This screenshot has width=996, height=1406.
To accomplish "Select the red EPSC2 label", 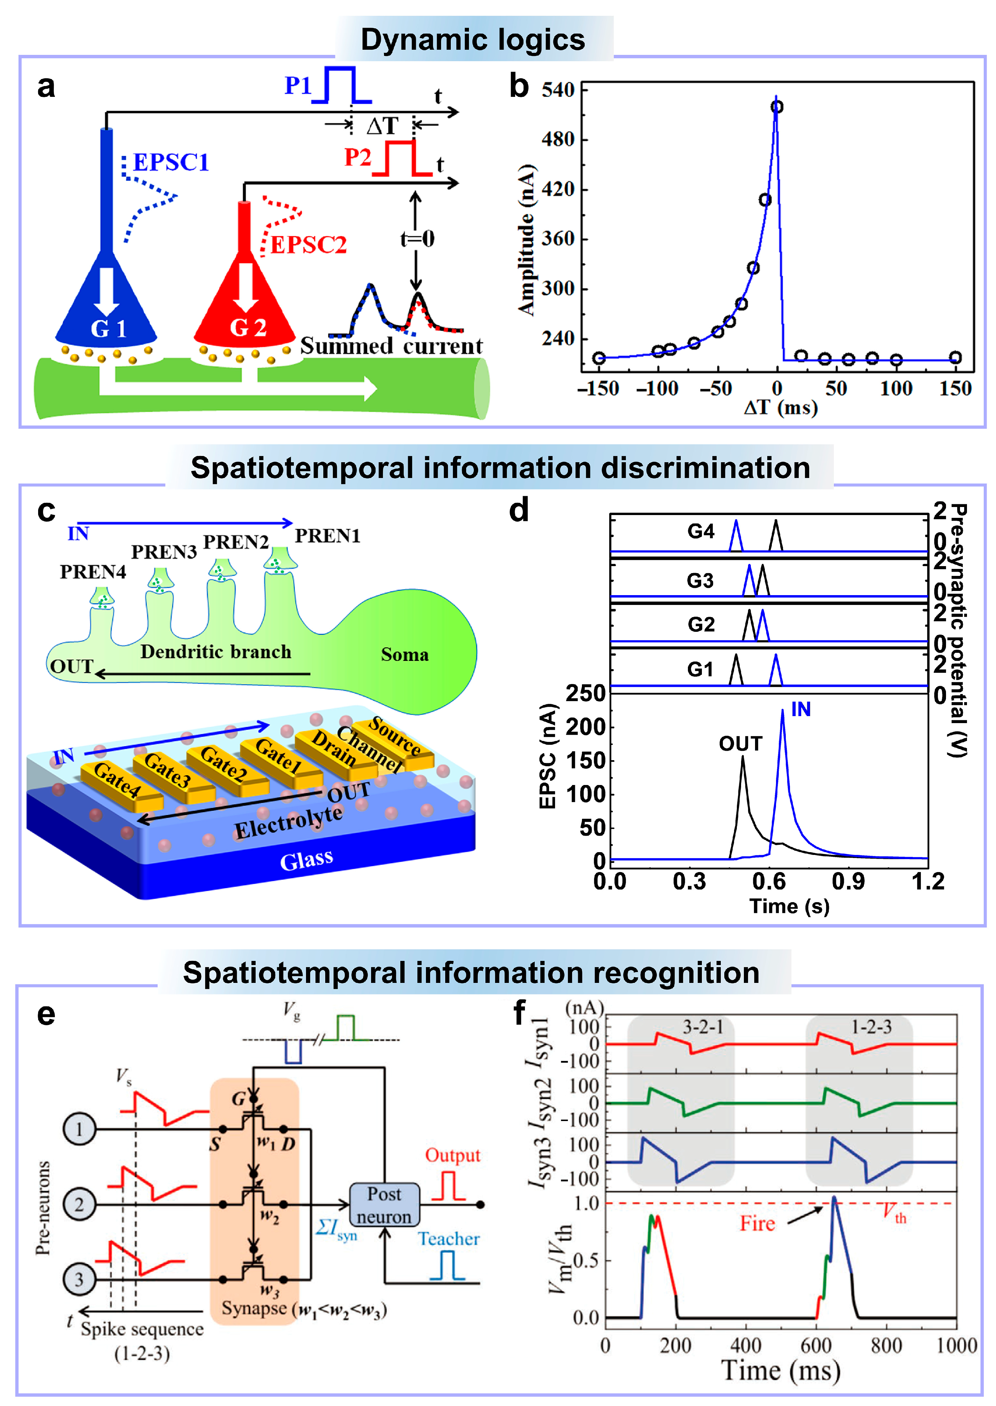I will [x=308, y=245].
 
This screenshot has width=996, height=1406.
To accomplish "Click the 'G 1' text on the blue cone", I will [x=108, y=329].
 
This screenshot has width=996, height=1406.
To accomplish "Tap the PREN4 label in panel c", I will [x=93, y=572].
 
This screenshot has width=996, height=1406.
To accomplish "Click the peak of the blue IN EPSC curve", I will [x=783, y=711].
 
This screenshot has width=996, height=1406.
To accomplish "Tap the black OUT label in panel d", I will [x=740, y=744].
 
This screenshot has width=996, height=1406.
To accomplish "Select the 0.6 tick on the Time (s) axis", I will [x=769, y=882].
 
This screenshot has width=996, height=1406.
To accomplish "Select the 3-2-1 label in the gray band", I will [x=703, y=1027].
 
